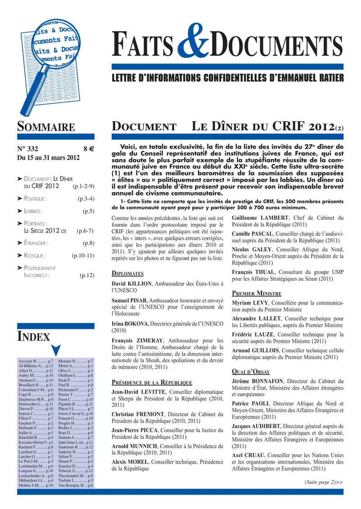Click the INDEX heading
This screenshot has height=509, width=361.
(x=33, y=336)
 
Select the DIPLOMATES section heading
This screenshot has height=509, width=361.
(x=127, y=273)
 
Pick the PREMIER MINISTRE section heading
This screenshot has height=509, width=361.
(x=257, y=293)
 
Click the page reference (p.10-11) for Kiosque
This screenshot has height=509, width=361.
(x=83, y=256)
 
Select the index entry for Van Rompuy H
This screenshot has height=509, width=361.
(x=76, y=485)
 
